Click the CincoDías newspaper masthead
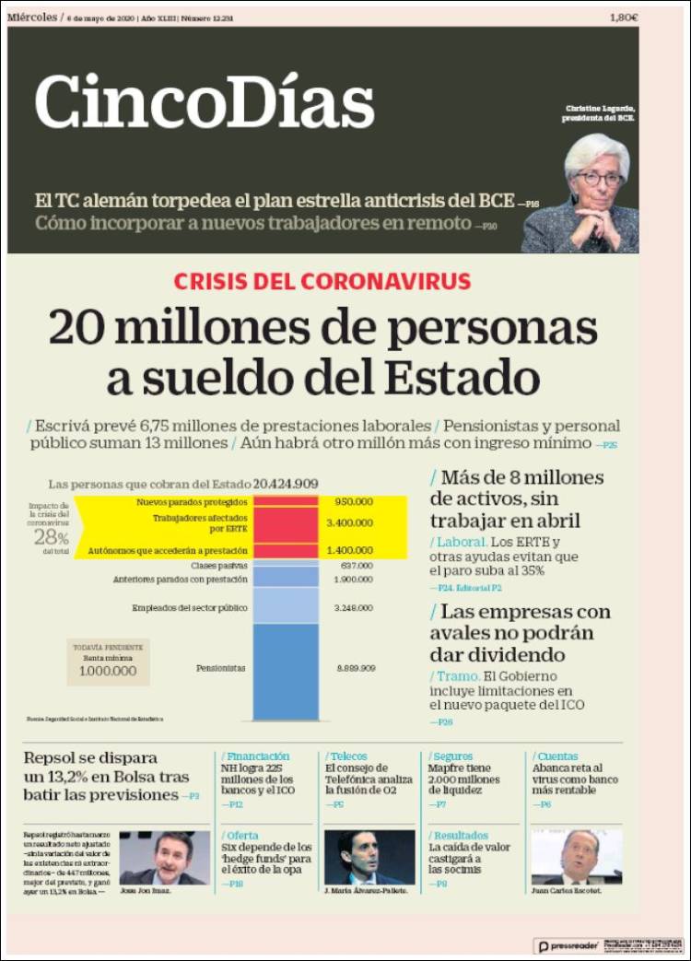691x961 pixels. pos(205,99)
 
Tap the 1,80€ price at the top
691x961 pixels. pos(624,18)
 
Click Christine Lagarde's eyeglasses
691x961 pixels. pos(599,177)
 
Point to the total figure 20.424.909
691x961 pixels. pos(287,483)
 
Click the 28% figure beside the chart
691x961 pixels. pos(52,537)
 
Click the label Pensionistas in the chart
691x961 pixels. pos(221,667)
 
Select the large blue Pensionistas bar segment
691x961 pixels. pos(286,671)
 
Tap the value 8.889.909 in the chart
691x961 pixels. pos(355,667)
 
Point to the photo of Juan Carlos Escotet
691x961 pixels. pos(577,858)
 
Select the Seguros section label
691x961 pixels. pos(453,756)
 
